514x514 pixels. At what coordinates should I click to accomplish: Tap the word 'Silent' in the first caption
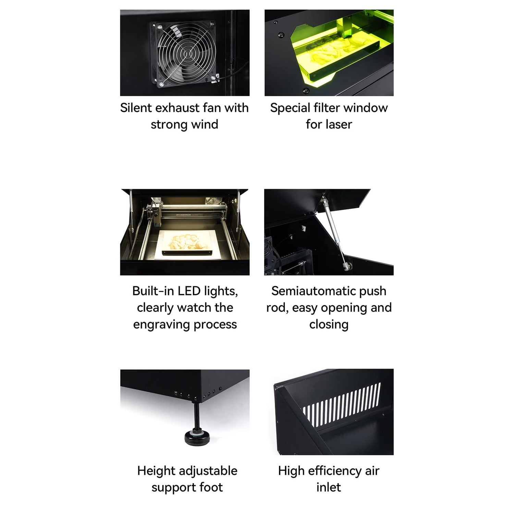[136, 108]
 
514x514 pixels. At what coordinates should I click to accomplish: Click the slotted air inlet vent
[342, 406]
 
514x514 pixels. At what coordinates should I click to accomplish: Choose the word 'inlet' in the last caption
[328, 487]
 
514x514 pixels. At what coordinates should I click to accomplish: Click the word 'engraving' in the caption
[161, 324]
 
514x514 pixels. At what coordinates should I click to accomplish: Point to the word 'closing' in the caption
[329, 324]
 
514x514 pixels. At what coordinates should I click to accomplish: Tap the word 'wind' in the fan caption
[205, 124]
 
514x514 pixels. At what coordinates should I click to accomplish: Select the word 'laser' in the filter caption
[338, 124]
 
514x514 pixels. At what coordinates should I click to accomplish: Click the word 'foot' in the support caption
[211, 487]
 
